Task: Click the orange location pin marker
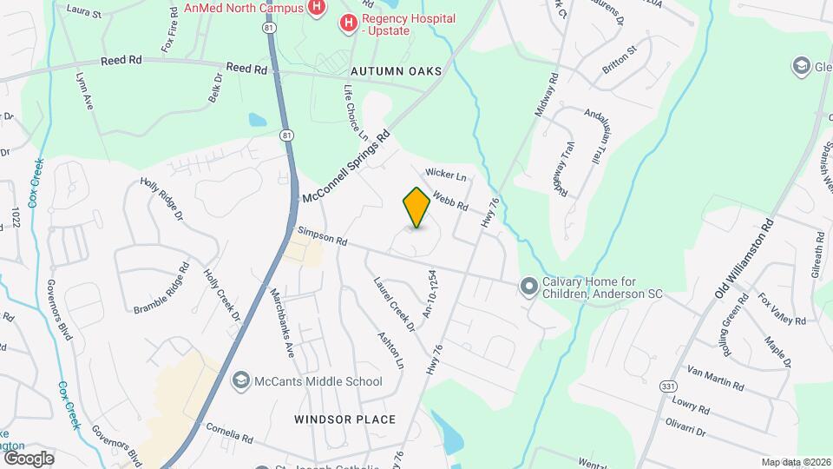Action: click(x=417, y=208)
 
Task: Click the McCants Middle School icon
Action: click(x=240, y=381)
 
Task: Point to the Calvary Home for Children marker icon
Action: click(x=528, y=286)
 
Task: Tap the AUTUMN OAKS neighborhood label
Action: click(x=397, y=71)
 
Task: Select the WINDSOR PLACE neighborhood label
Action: click(x=344, y=419)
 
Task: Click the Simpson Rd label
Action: click(x=322, y=236)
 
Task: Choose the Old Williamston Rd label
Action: click(x=744, y=259)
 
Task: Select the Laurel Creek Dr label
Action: click(x=395, y=303)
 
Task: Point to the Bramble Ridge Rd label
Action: click(x=161, y=288)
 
